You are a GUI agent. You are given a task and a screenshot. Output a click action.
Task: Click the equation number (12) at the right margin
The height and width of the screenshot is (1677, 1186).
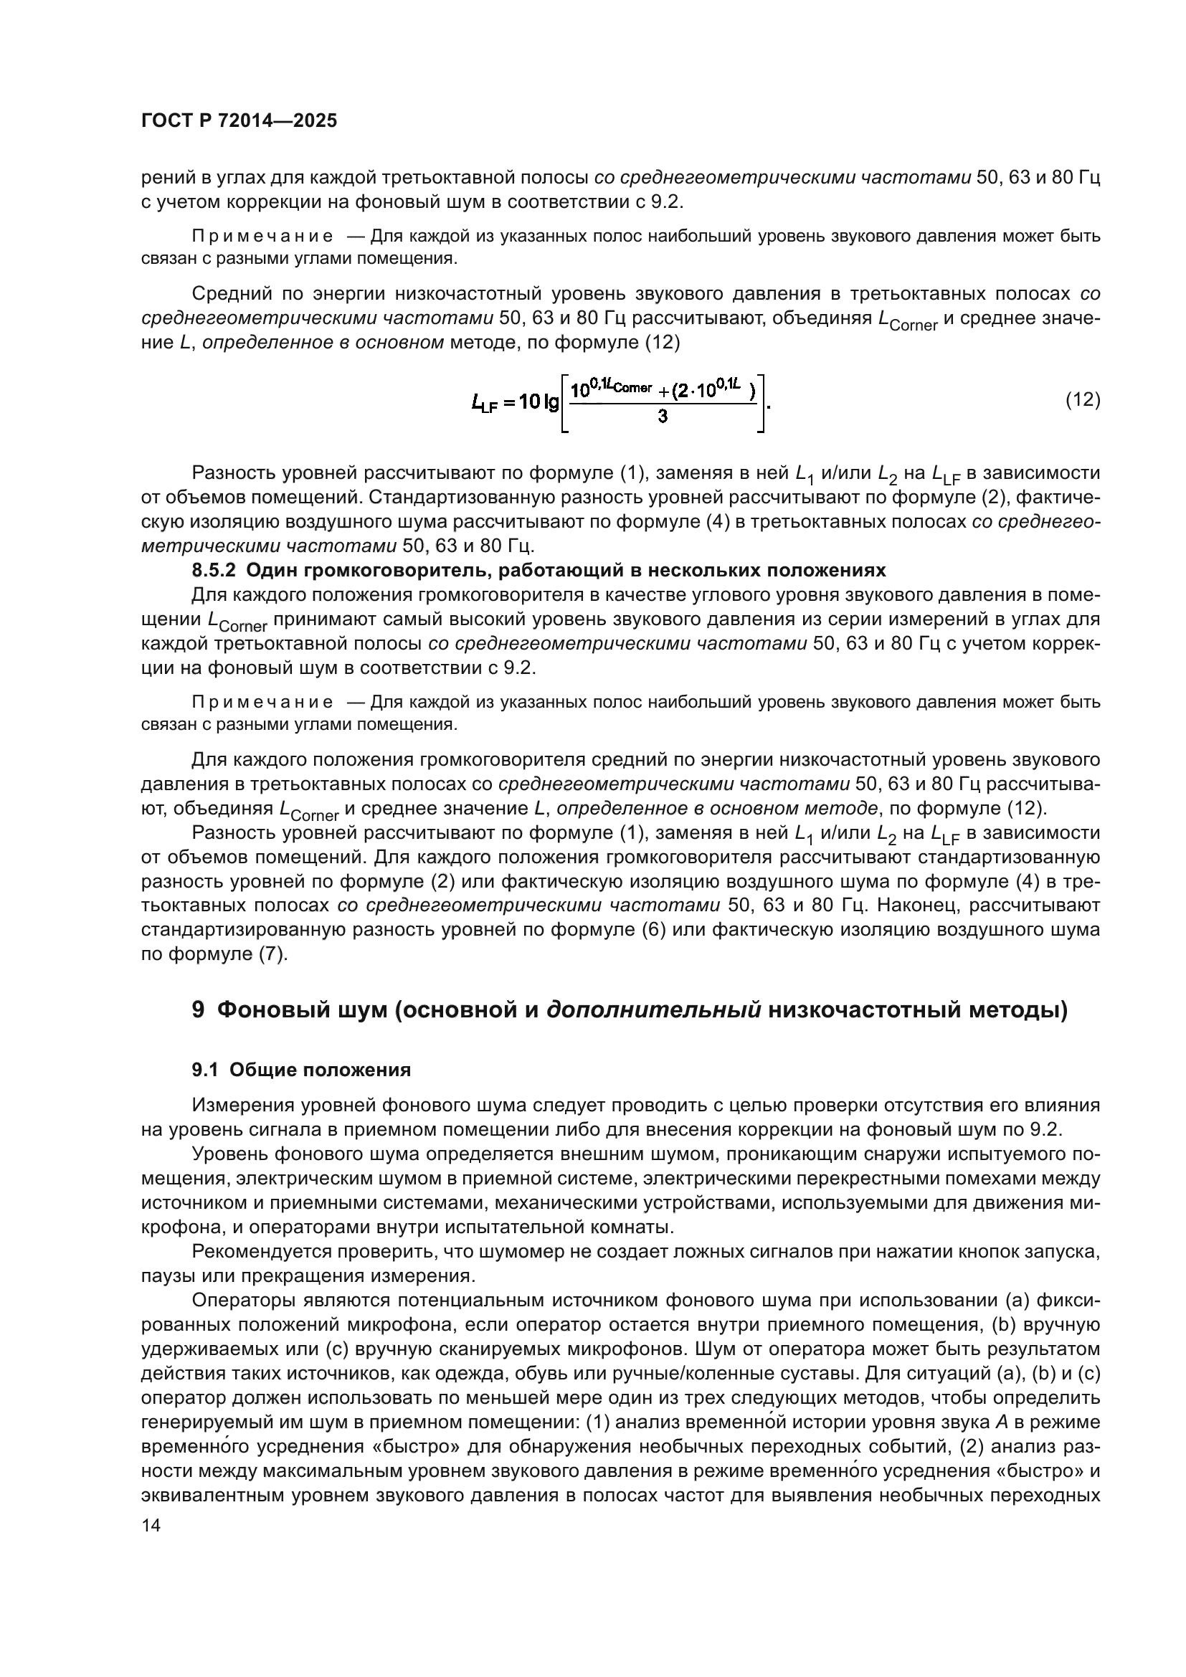[1082, 399]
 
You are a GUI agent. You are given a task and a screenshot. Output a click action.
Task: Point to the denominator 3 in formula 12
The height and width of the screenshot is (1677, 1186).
[663, 417]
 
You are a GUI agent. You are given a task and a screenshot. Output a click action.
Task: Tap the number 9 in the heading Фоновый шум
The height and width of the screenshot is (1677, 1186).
[198, 1010]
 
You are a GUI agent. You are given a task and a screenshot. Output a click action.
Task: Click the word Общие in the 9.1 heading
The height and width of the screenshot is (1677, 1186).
[259, 1070]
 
